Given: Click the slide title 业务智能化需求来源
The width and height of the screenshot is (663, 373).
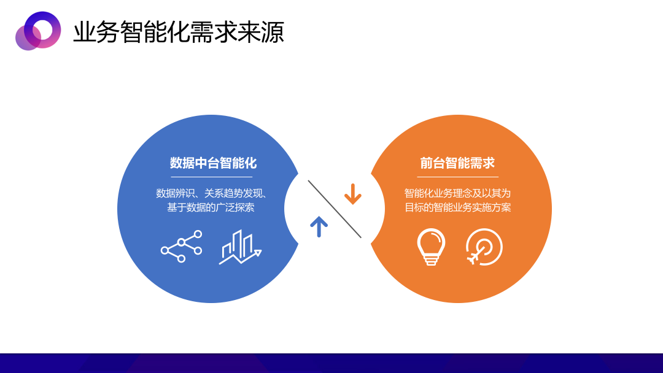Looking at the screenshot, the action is click(x=179, y=32).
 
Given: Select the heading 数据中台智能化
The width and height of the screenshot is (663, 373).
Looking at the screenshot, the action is click(x=213, y=163).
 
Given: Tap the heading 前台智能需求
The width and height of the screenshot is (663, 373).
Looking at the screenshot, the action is click(x=457, y=163).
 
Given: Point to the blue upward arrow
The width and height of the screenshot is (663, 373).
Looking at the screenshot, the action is click(x=319, y=227).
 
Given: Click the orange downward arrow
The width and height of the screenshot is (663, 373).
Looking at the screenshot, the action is click(x=352, y=194).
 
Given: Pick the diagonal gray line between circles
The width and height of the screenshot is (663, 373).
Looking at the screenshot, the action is click(x=335, y=209).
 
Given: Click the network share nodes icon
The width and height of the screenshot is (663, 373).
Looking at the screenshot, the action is click(x=181, y=246).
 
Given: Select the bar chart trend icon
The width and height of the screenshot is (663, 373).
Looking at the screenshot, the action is click(x=240, y=247).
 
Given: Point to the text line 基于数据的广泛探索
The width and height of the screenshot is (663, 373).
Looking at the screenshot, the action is click(x=211, y=207).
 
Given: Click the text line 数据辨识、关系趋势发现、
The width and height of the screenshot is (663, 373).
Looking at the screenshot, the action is click(x=211, y=193).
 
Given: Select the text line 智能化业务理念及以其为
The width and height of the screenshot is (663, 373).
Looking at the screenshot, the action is click(x=457, y=193).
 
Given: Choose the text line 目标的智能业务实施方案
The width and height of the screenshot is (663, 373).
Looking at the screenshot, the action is click(x=457, y=207).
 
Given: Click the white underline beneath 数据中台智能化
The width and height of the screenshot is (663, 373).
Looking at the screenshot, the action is click(x=211, y=177).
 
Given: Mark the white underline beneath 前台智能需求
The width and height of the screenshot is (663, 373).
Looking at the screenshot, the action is click(x=457, y=177).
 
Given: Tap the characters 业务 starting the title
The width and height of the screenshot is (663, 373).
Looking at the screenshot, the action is click(x=96, y=32).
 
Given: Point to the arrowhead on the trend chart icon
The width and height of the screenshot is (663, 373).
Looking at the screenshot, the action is click(x=257, y=253).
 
